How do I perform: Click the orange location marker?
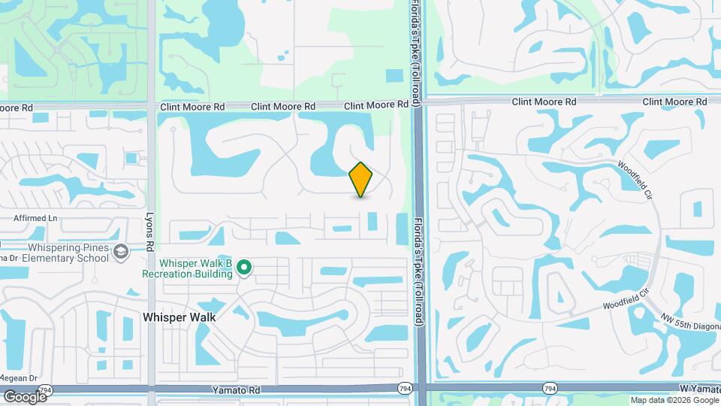[x=361, y=179]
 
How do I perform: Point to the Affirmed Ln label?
[x=36, y=218]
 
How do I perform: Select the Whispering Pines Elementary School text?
[x=68, y=253]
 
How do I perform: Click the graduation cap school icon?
[x=120, y=253]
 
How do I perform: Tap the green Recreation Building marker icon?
[x=243, y=267]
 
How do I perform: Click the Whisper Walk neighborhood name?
[x=179, y=317]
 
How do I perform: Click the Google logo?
[x=25, y=396]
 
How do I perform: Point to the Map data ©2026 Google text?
[x=674, y=400]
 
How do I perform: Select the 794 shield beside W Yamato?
[x=551, y=388]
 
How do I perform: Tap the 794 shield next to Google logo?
[x=46, y=389]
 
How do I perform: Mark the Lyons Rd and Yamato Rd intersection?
[x=151, y=389]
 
